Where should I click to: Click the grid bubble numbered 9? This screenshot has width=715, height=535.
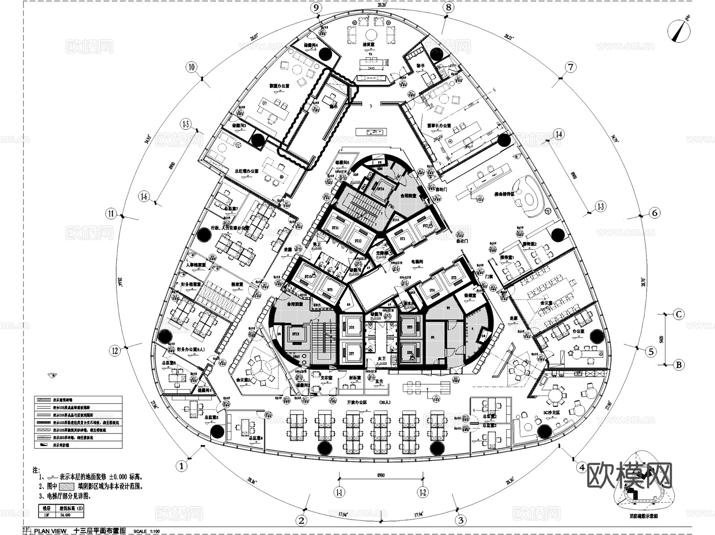click(316, 8)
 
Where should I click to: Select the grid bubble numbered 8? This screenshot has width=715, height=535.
click(448, 7)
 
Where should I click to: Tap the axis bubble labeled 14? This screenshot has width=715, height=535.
click(559, 134)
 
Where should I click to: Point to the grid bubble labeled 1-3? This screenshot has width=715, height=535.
click(601, 206)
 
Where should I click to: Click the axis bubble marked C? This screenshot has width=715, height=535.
click(679, 315)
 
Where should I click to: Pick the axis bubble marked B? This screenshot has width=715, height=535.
click(679, 365)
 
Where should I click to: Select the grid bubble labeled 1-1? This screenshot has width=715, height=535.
click(339, 493)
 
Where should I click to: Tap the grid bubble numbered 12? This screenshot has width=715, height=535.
click(115, 350)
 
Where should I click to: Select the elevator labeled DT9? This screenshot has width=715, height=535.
click(330, 290)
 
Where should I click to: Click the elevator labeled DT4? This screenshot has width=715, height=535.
click(432, 291)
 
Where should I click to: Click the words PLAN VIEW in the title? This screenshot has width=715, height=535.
click(50, 531)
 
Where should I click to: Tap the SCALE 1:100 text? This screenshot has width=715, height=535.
click(147, 531)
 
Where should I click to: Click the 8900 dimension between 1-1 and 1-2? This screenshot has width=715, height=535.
click(381, 475)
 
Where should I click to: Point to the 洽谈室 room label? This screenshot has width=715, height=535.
click(368, 45)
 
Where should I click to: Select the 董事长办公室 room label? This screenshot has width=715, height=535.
click(439, 126)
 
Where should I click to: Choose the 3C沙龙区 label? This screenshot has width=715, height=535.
click(551, 413)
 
